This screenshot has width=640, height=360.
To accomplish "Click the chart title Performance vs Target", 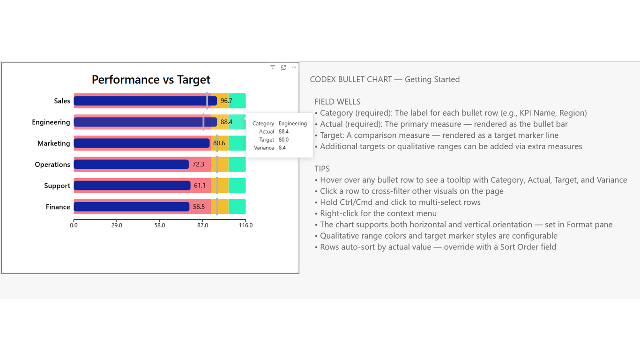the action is click(151, 80).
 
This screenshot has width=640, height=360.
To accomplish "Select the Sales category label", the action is click(62, 101).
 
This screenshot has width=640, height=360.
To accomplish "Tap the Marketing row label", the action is click(54, 143).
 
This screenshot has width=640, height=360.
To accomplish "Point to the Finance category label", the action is click(58, 207).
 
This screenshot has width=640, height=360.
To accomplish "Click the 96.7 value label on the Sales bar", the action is click(226, 101).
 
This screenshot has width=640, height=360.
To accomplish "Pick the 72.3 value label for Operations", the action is click(198, 164).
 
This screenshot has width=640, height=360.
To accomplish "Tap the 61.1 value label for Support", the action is click(200, 185).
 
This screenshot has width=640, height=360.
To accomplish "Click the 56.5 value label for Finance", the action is click(199, 206).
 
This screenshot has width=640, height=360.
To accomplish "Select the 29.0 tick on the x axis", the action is click(117, 225).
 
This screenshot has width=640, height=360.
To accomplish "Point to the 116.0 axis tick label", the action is click(246, 225).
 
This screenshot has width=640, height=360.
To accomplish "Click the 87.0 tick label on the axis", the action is click(202, 225).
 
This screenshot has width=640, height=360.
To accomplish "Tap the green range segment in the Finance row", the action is click(237, 207).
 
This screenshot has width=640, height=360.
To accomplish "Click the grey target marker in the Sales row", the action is click(207, 101).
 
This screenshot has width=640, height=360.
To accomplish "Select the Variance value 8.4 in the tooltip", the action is click(282, 148).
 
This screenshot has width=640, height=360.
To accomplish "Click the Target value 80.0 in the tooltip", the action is click(283, 140).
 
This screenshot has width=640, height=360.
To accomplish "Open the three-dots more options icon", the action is click(294, 67).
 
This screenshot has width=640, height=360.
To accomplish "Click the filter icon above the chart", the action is click(273, 67).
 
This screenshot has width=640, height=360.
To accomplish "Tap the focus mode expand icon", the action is click(283, 67).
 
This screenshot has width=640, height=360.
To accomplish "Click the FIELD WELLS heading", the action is click(337, 102).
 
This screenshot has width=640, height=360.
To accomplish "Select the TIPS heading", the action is click(322, 169).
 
